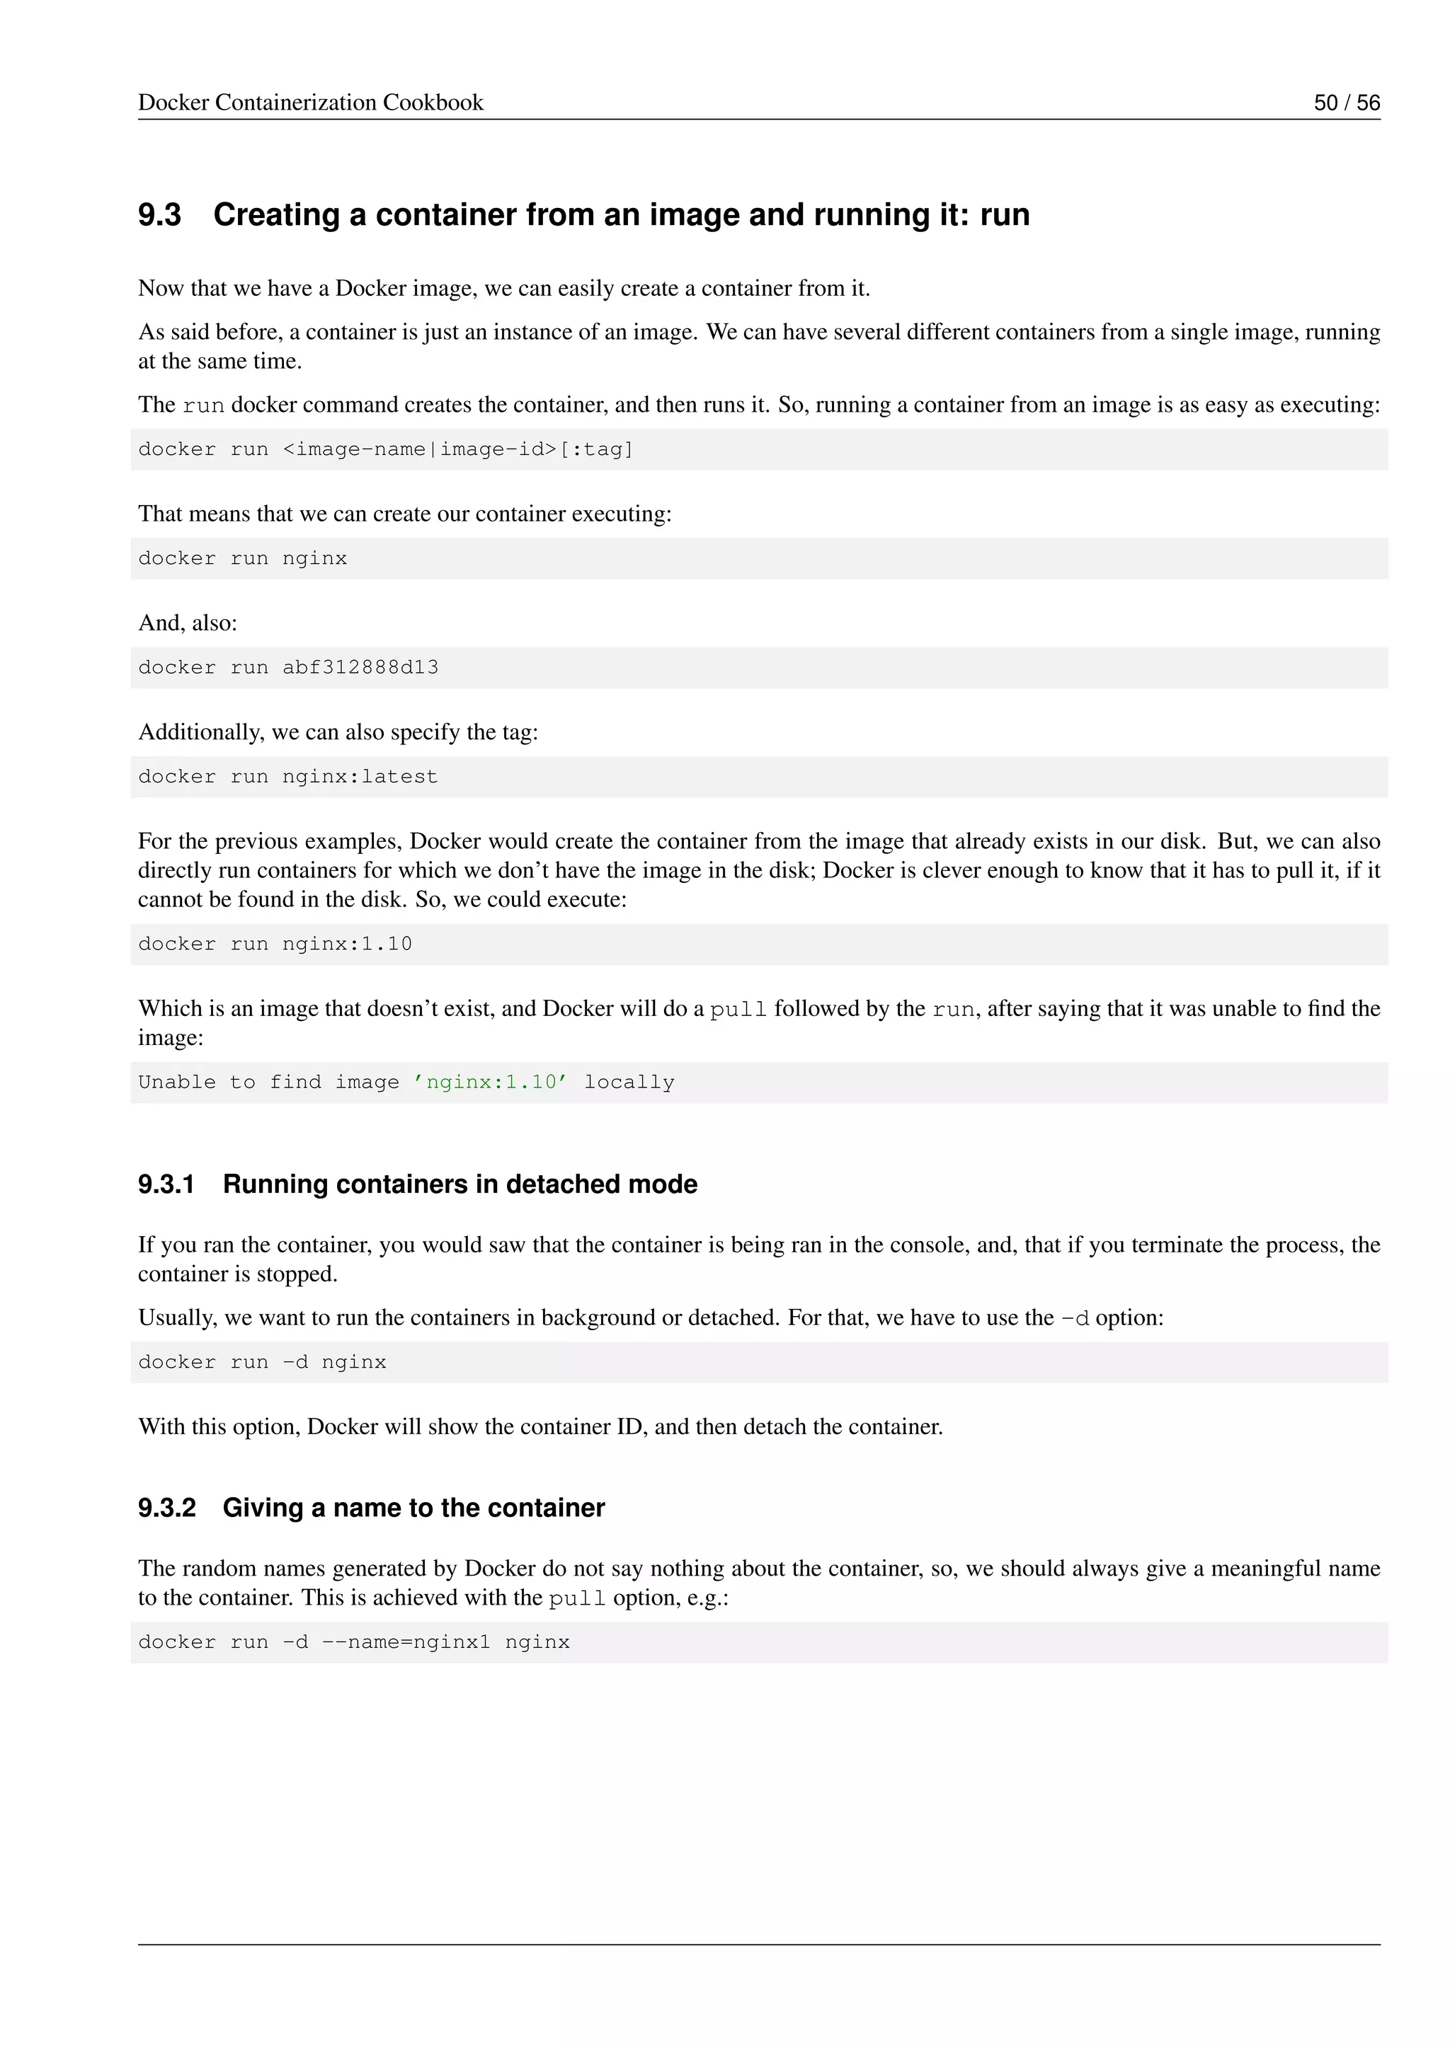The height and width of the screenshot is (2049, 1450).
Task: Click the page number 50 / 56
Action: [x=1347, y=103]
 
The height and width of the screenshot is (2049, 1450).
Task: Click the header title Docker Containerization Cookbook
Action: [x=311, y=103]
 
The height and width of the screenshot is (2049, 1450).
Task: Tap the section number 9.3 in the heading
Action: [x=160, y=215]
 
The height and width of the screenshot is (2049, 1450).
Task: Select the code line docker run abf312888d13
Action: [x=288, y=667]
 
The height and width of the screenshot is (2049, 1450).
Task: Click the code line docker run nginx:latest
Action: [x=287, y=776]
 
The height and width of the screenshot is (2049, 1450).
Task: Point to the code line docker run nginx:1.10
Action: [x=275, y=944]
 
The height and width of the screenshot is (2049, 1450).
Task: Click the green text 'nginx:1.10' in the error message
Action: [x=489, y=1083]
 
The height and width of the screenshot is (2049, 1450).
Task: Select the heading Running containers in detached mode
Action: [x=459, y=1184]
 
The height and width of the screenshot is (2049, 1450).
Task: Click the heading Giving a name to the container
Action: [x=413, y=1508]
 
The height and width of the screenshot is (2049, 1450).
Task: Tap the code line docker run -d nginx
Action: [x=263, y=1363]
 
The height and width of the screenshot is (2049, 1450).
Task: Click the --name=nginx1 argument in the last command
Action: [x=406, y=1643]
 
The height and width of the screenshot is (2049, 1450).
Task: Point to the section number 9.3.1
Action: [x=166, y=1184]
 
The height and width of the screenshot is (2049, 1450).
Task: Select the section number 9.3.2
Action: [x=167, y=1508]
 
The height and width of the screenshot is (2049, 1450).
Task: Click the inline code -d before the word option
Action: [x=1075, y=1319]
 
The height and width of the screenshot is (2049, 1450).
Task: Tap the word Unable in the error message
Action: [x=177, y=1083]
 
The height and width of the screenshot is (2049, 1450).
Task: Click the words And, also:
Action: [x=188, y=623]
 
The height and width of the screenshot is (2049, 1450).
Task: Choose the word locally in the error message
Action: [x=629, y=1083]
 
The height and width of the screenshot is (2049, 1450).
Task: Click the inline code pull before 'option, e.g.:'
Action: [x=577, y=1598]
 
